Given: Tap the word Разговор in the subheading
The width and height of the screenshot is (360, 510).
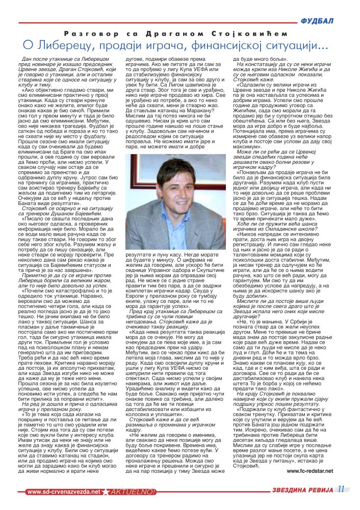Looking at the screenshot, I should tap(83, 34).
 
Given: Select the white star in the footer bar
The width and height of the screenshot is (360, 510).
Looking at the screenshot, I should tap(105, 492).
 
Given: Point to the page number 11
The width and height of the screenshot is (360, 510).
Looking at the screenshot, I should tap(340, 490).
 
